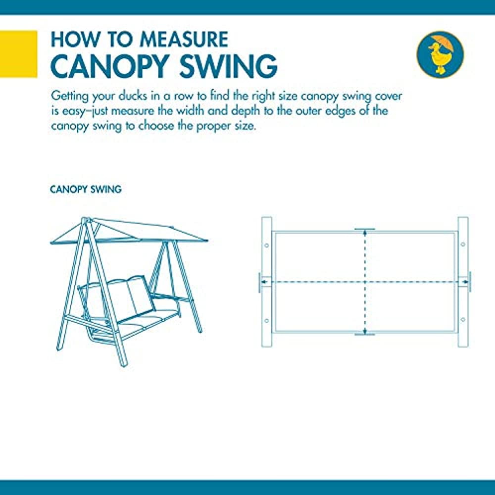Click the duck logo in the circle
click(x=440, y=54)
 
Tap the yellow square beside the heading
click(x=19, y=54)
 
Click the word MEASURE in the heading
click(x=184, y=40)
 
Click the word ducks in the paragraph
click(x=133, y=96)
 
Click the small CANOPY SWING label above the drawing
click(x=86, y=190)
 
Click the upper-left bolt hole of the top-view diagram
click(x=266, y=246)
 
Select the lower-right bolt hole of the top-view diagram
click(x=463, y=319)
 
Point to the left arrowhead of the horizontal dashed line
click(x=265, y=282)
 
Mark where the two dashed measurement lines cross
click(x=365, y=282)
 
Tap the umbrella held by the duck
click(x=444, y=43)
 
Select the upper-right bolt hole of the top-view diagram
click(x=463, y=245)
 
